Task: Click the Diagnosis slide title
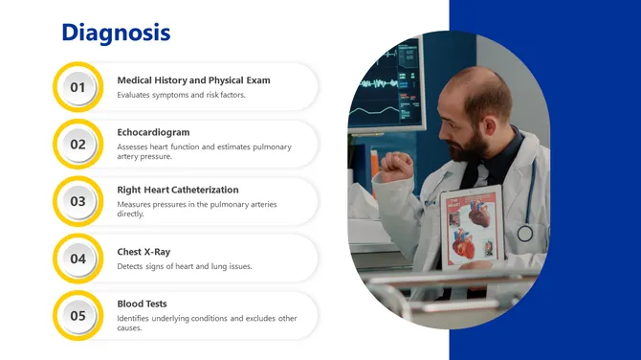coord(116,33)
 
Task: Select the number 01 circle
coord(78,87)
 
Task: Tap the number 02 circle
coord(78,145)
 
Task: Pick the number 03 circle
coord(78,201)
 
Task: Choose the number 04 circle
coord(78,259)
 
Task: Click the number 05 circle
coord(78,315)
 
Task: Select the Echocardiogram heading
coord(153,132)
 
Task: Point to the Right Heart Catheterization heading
coord(178,190)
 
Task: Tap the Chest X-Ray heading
coord(144,252)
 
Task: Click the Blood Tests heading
coord(142,304)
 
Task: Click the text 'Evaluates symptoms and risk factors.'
coord(181,95)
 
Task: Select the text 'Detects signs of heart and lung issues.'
coord(185,266)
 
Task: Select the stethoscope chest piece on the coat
coord(525,233)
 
